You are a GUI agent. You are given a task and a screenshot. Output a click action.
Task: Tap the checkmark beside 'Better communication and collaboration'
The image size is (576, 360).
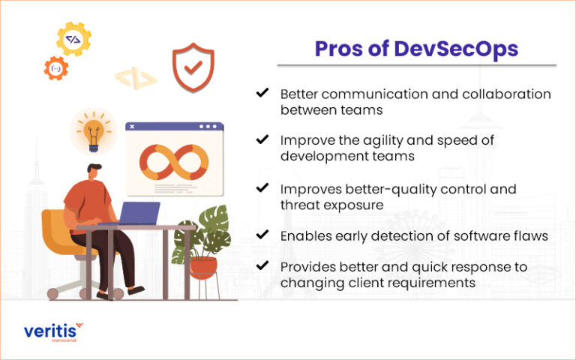(262, 93)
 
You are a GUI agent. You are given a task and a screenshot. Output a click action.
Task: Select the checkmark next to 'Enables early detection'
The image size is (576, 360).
(262, 235)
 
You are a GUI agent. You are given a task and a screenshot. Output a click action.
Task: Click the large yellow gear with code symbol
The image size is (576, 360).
(73, 40)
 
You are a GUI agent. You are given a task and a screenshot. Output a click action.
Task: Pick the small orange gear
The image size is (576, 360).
(55, 68)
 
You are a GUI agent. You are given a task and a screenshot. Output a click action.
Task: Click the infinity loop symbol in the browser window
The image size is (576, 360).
(173, 159)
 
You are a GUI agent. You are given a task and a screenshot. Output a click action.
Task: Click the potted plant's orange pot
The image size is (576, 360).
(202, 266)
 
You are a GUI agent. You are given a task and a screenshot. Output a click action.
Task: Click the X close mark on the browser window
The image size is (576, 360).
(133, 127)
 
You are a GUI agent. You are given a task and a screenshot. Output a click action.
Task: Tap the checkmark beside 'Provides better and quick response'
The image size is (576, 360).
(262, 267)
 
